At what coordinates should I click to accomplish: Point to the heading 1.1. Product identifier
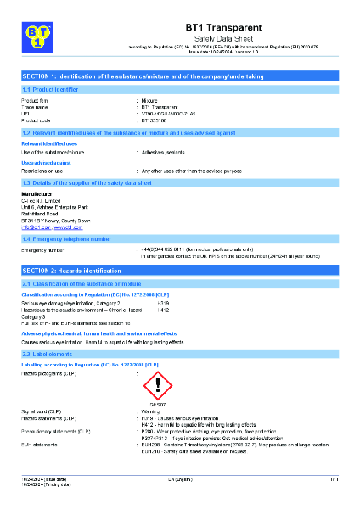(50, 89)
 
